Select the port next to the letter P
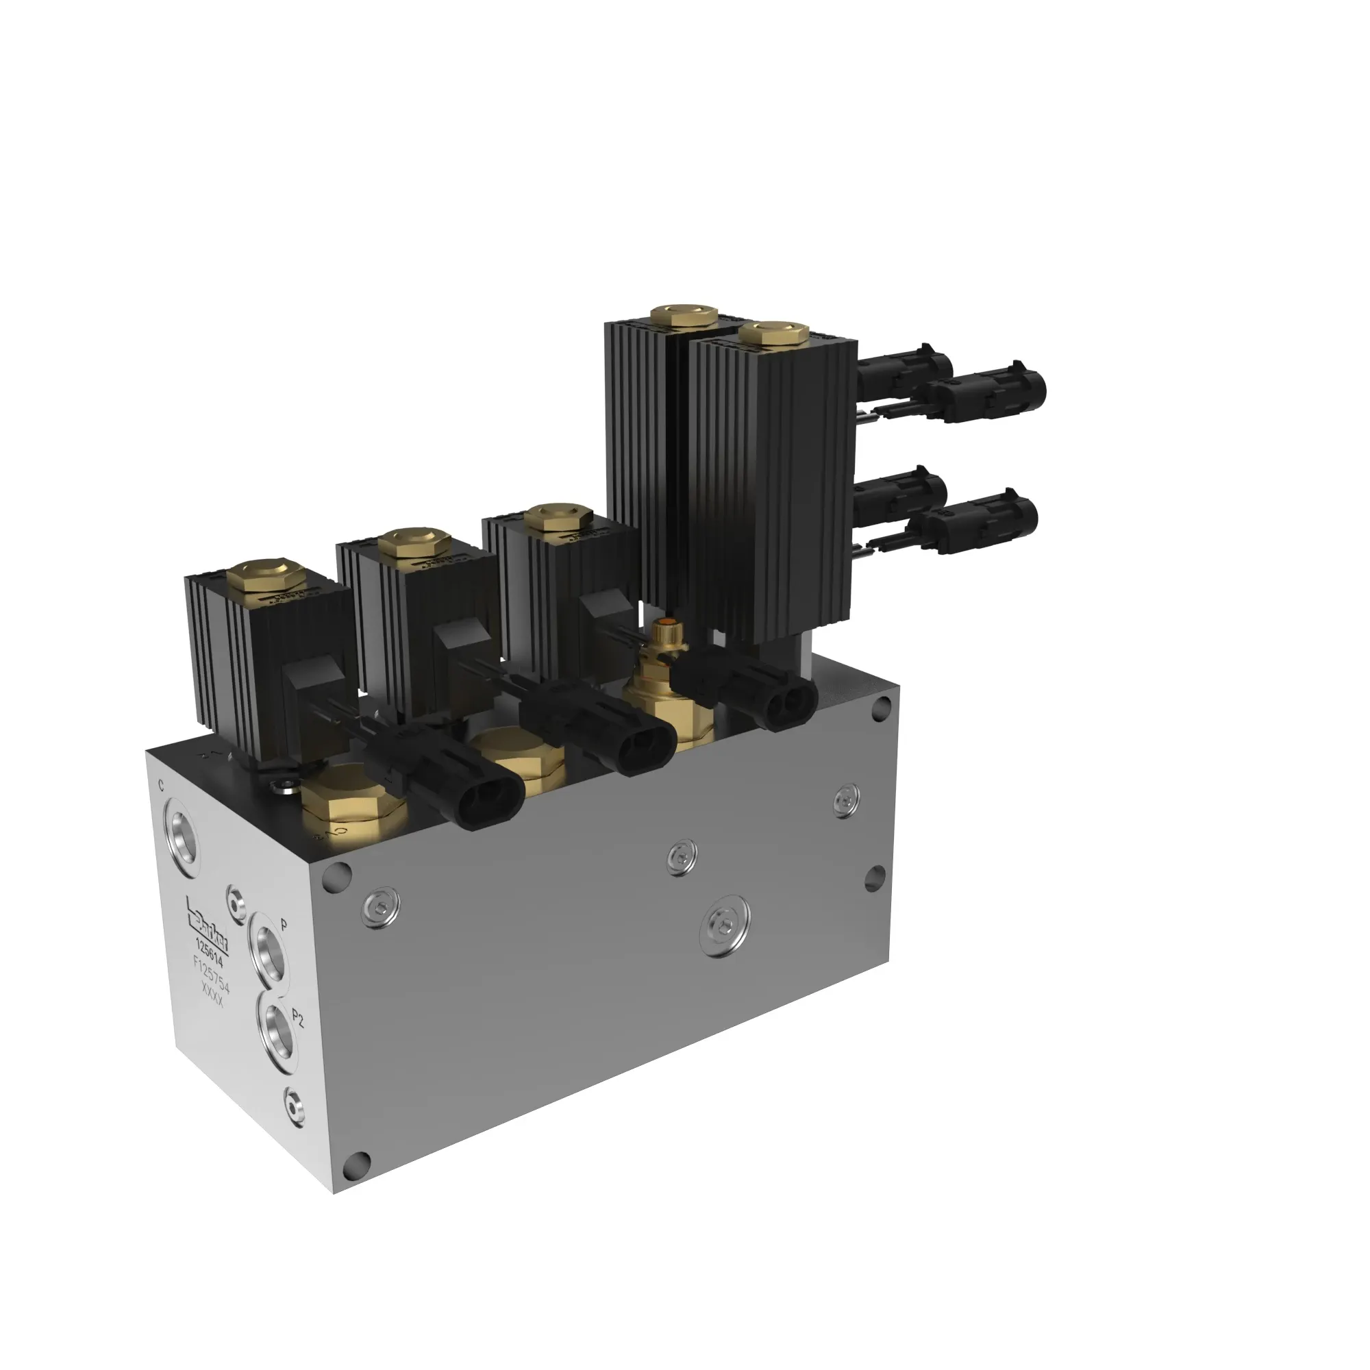[269, 949]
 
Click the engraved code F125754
[211, 974]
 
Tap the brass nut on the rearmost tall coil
[686, 314]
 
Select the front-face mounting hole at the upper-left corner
[337, 877]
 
